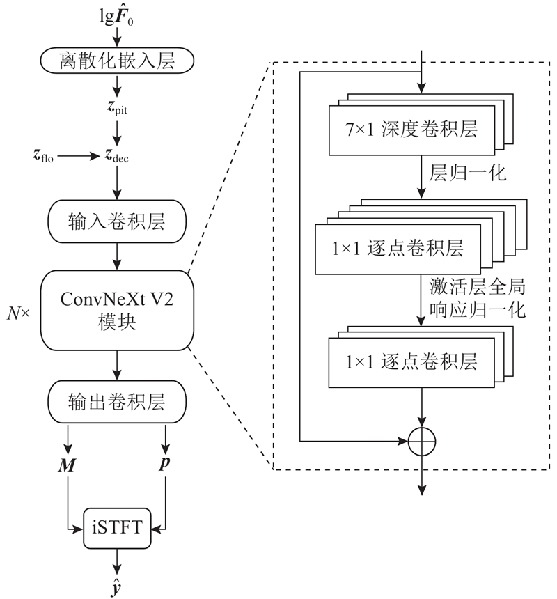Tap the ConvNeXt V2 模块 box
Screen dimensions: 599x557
pyautogui.click(x=116, y=311)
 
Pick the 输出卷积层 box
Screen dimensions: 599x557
pyautogui.click(x=116, y=403)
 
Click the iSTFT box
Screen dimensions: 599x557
pyautogui.click(x=116, y=527)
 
